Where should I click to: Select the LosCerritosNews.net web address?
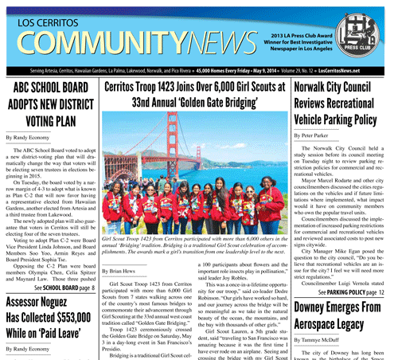pyautogui.click(x=355, y=71)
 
